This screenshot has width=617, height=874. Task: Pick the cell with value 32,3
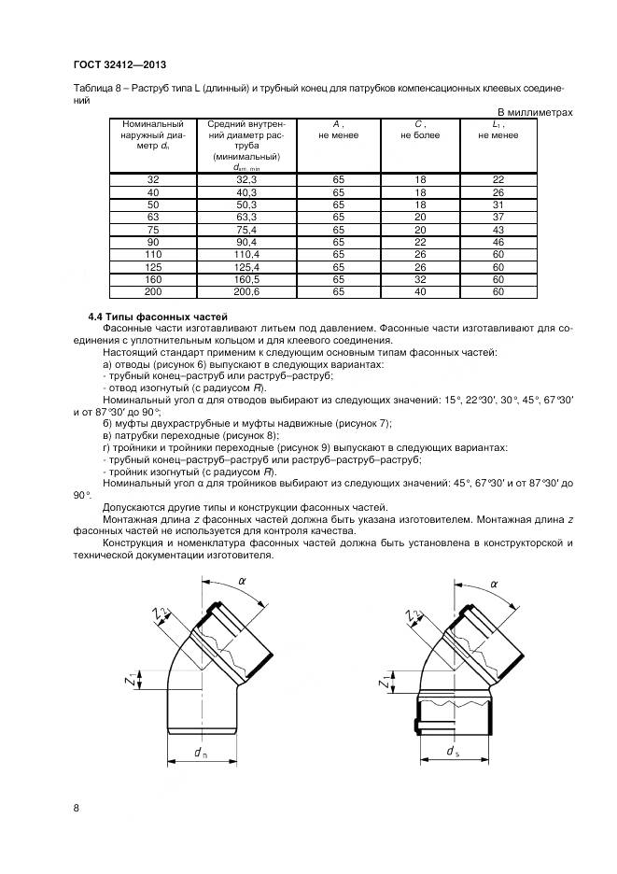click(x=246, y=178)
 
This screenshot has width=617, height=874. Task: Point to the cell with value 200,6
click(x=246, y=291)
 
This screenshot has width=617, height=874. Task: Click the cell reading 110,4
click(x=246, y=253)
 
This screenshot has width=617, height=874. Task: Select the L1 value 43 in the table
click(x=498, y=229)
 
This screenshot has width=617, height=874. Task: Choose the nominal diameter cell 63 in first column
click(x=153, y=216)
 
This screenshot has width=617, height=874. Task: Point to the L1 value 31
click(x=498, y=204)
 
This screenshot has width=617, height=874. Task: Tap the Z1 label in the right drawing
click(x=386, y=683)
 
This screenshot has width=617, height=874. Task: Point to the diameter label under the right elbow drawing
click(x=452, y=752)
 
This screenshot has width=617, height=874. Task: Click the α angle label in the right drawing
click(x=494, y=583)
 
